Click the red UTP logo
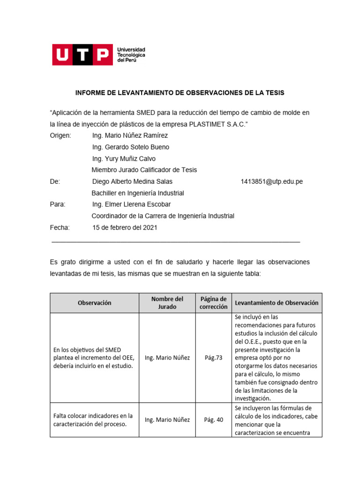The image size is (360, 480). point(82,55)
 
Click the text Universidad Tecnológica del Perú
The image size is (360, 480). point(131,55)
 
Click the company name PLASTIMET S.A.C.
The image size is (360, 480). point(216,124)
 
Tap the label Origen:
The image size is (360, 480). point(60,135)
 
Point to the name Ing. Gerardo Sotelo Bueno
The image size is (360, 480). point(131,147)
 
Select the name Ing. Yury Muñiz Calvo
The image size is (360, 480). point(124,158)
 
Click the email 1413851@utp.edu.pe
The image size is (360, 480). point(271,181)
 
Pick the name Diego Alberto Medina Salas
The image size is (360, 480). point(132,181)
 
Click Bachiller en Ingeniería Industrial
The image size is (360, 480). point(138,193)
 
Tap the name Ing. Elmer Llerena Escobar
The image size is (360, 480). point(131,204)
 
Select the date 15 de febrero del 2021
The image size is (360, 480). point(125,227)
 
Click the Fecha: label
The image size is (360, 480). point(60,227)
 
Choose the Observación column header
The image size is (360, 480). point(94,303)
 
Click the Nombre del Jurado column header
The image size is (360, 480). point(167,303)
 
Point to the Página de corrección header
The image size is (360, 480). point(213,303)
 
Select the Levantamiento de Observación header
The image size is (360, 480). point(277,303)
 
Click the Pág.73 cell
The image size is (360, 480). point(213,358)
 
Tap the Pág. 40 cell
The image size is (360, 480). point(213,420)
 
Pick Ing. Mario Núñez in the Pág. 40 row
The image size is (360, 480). point(167,420)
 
